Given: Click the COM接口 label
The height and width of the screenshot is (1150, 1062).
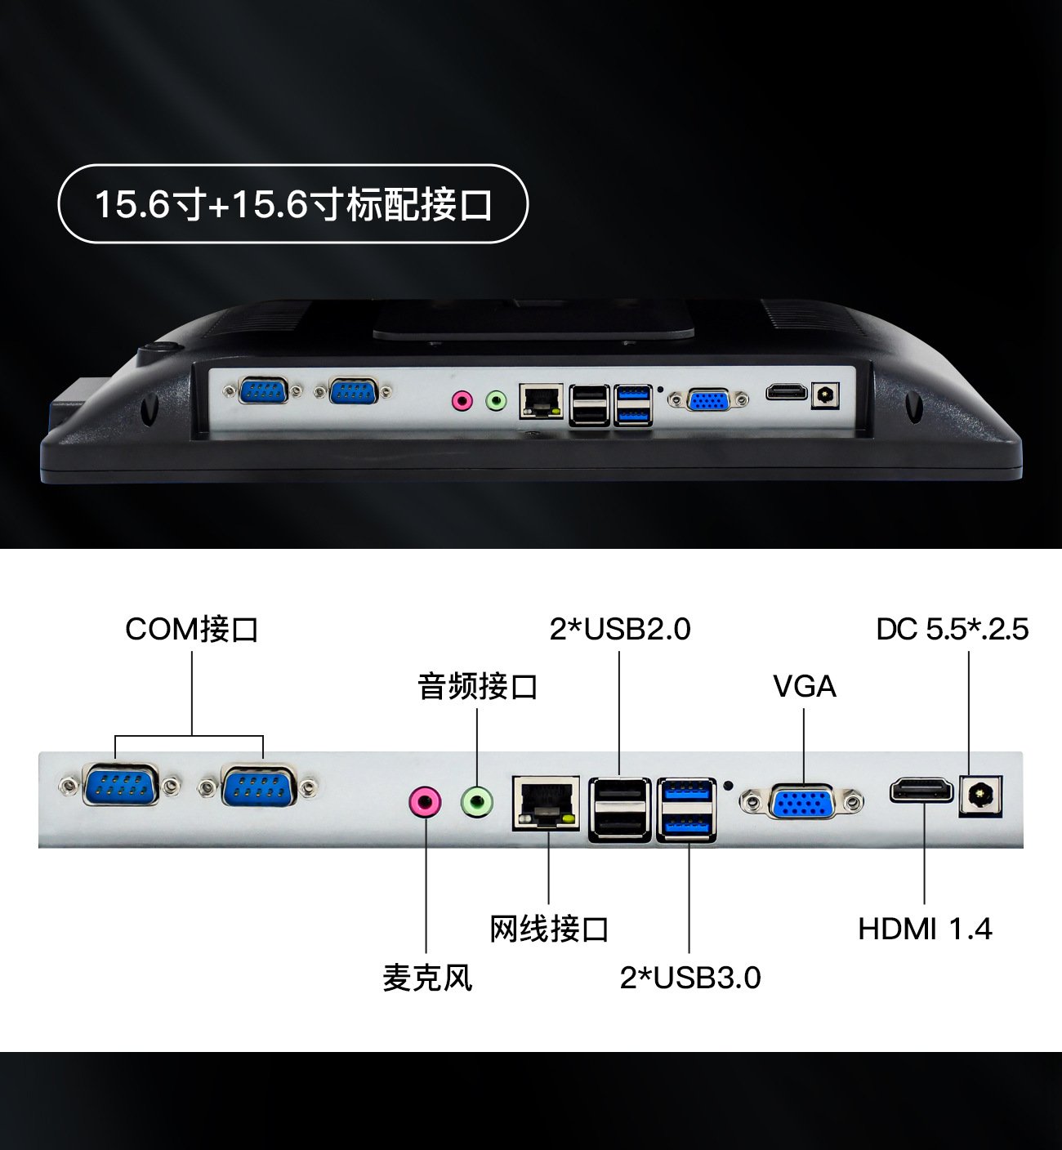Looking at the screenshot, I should (x=191, y=629).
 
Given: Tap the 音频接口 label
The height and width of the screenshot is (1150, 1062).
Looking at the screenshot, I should (x=477, y=686).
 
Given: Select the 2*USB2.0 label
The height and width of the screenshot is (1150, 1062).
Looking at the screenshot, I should (x=620, y=629).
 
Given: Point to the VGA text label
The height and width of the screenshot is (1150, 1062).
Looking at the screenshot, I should (x=805, y=686).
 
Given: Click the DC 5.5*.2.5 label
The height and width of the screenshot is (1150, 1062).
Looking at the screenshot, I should (x=952, y=629).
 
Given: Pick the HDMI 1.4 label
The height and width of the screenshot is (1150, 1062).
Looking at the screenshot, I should (x=925, y=929).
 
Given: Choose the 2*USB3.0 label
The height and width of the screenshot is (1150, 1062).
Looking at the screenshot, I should (x=690, y=978).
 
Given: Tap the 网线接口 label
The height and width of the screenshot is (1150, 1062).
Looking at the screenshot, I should (x=549, y=929).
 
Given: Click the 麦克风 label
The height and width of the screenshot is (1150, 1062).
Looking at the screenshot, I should (x=427, y=978).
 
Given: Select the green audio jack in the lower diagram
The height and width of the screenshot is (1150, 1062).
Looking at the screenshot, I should (x=477, y=801).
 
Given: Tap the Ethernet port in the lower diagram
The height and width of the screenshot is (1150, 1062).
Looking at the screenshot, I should (x=546, y=803).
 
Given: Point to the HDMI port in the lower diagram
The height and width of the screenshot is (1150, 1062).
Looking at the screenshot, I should (x=921, y=791).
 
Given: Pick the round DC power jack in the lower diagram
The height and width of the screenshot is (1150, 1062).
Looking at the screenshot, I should (x=980, y=795).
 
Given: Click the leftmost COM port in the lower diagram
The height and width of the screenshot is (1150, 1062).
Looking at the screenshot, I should (x=119, y=786).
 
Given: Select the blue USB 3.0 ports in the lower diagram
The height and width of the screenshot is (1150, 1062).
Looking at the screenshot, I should (x=686, y=809).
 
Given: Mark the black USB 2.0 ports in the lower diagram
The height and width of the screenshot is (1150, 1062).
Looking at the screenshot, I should (x=619, y=809).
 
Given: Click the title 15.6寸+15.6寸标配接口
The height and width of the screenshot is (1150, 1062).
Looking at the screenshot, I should (x=293, y=204).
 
